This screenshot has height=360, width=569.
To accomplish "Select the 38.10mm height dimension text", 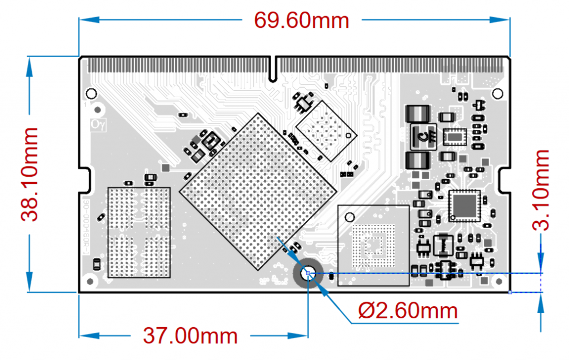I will [x=31, y=174].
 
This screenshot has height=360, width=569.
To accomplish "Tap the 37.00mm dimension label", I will [x=190, y=336].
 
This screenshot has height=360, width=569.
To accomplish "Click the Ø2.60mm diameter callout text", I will [x=408, y=311].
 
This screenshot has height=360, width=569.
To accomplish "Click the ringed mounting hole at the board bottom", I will [x=308, y=273].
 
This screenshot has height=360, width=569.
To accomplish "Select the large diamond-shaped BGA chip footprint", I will [x=258, y=191].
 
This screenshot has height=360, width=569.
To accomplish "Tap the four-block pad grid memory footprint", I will [x=138, y=232].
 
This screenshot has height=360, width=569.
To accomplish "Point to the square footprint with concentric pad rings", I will [x=373, y=244].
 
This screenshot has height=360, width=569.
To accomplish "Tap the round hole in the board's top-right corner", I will [x=497, y=93].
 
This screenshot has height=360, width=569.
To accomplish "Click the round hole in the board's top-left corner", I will [x=89, y=93].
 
